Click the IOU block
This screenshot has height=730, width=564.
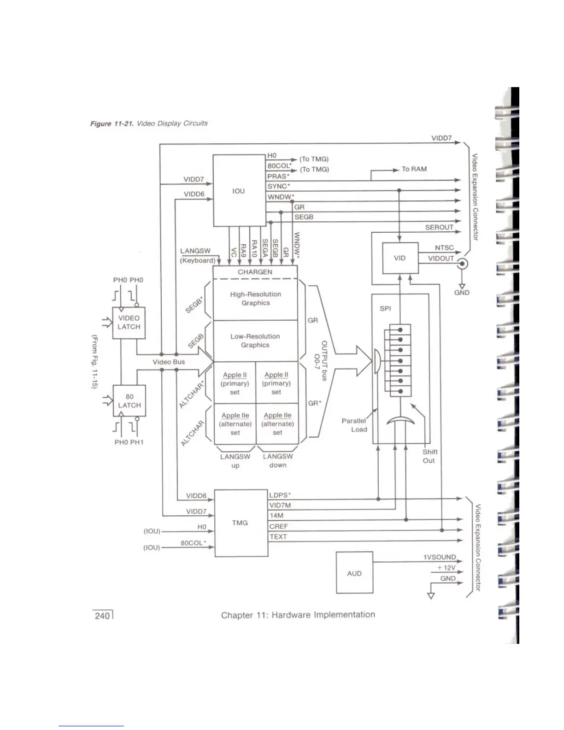pyautogui.click(x=238, y=191)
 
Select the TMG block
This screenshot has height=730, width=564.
pyautogui.click(x=240, y=523)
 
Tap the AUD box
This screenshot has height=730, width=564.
pyautogui.click(x=354, y=573)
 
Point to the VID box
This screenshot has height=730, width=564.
pyautogui.click(x=399, y=258)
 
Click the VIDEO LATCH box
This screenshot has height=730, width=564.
pyautogui.click(x=129, y=323)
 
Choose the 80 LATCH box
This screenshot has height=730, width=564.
pyautogui.click(x=129, y=401)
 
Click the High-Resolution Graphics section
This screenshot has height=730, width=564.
pyautogui.click(x=256, y=299)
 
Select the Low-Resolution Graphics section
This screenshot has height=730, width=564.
pyautogui.click(x=255, y=341)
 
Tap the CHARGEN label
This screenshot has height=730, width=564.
pyautogui.click(x=255, y=272)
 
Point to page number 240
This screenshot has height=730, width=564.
pyautogui.click(x=102, y=616)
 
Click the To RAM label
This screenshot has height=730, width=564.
pyautogui.click(x=414, y=169)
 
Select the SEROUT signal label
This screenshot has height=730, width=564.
pyautogui.click(x=439, y=227)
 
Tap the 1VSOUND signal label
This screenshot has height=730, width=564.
pyautogui.click(x=440, y=557)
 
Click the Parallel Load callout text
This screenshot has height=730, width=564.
pyautogui.click(x=354, y=425)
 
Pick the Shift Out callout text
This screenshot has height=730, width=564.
pyautogui.click(x=429, y=456)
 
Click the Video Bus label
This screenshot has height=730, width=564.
pyautogui.click(x=169, y=362)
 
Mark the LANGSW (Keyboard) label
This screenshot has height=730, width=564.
pyautogui.click(x=197, y=256)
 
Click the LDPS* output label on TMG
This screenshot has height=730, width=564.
pyautogui.click(x=280, y=495)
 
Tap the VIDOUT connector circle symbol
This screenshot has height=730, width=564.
pyautogui.click(x=461, y=264)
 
